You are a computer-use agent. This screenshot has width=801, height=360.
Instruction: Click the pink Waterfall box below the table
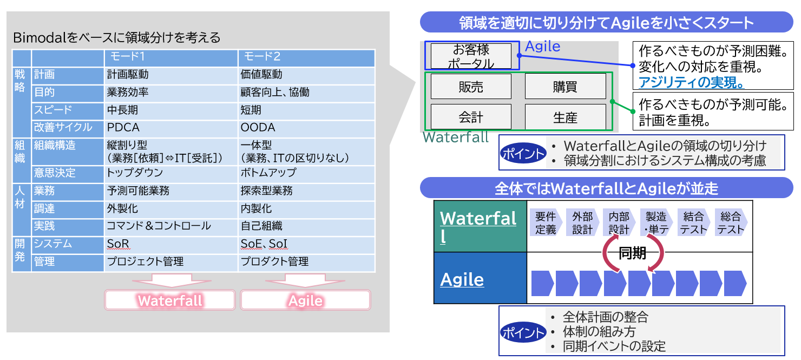[x=170, y=300]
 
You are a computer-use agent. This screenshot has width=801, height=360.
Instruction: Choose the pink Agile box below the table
[x=305, y=300]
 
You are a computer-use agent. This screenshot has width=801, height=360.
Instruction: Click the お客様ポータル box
[x=471, y=56]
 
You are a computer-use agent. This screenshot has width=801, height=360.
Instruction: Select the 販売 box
[x=471, y=87]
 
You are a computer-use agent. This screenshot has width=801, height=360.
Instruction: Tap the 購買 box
[x=565, y=87]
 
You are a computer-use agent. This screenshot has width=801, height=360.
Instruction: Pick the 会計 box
[x=471, y=117]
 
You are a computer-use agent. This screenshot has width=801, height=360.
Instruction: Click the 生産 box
[x=565, y=117]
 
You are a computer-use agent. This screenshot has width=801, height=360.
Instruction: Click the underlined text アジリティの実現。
[x=692, y=83]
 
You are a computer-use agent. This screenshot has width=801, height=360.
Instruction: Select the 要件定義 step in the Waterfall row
[x=546, y=223]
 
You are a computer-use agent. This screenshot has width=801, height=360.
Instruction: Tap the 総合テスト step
[x=730, y=223]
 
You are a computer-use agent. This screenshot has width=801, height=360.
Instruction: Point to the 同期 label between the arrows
[x=632, y=253]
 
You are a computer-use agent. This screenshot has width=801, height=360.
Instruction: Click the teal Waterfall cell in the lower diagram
[x=480, y=226]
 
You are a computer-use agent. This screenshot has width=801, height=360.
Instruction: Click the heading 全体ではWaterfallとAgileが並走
[x=606, y=188]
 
